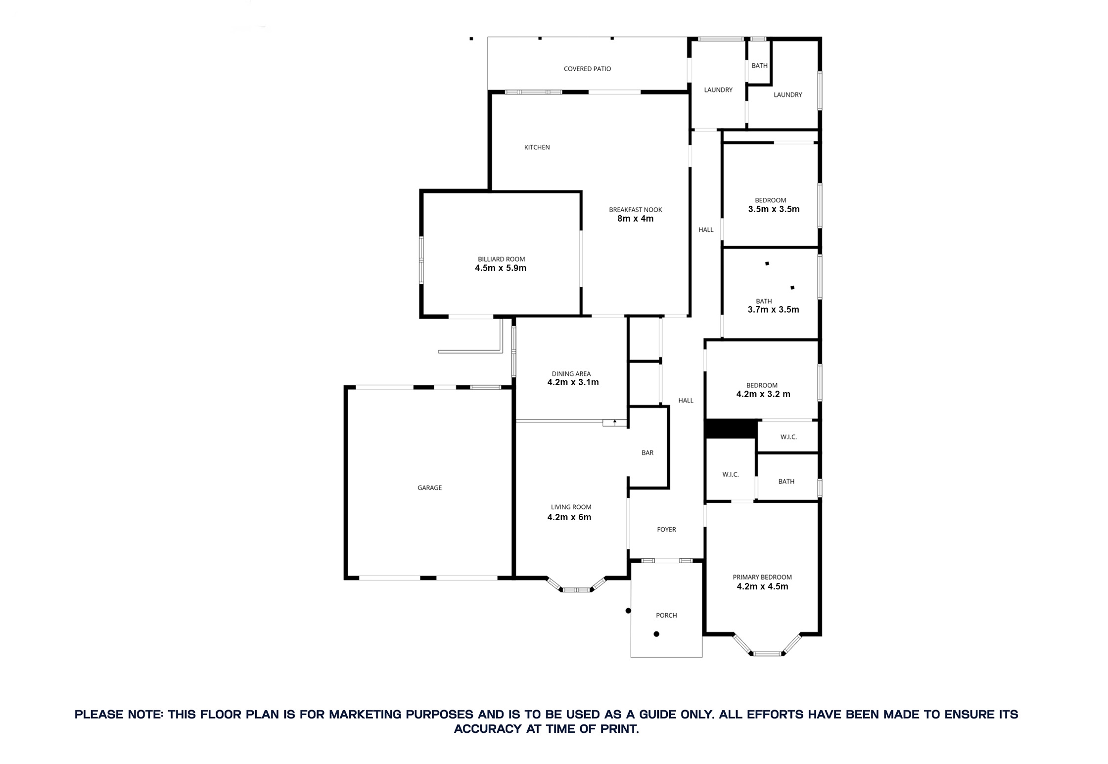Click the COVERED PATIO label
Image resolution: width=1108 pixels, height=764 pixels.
point(587,69)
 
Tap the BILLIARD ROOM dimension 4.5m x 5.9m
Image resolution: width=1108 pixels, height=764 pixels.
point(501,269)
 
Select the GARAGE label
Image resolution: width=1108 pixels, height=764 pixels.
point(429,488)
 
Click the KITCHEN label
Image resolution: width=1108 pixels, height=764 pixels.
point(537,147)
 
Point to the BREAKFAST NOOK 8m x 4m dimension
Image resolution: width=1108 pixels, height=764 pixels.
point(635,219)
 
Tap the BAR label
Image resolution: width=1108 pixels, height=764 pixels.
point(647,452)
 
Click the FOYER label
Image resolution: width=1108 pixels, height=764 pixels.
point(666,529)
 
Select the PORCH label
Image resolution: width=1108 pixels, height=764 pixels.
point(666,615)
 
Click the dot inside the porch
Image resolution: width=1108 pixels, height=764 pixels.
point(656,634)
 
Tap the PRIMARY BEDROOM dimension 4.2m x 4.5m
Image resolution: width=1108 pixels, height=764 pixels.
point(762,586)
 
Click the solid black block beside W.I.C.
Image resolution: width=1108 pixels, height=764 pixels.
point(731,429)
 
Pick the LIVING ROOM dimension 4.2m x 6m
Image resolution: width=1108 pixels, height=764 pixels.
point(569,517)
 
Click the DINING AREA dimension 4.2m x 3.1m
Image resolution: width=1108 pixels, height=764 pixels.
point(573,382)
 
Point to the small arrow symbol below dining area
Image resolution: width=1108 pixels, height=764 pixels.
point(615,422)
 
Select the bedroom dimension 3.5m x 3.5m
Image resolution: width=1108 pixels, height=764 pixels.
point(774,209)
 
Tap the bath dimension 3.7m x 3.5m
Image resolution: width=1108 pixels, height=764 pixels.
point(773,310)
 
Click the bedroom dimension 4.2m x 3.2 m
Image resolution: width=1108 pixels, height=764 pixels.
point(763,394)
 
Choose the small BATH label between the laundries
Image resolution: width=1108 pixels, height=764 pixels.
point(759,66)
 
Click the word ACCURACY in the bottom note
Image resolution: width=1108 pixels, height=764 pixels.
point(488,729)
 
